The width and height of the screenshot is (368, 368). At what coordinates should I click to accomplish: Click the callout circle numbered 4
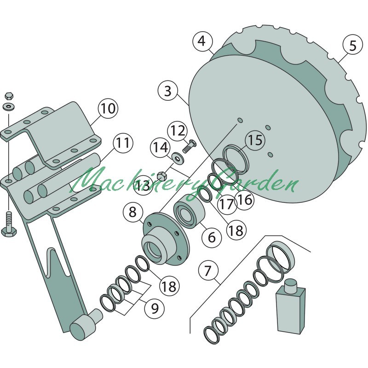point(202,41)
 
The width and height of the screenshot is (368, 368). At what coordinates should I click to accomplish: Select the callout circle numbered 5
point(353,45)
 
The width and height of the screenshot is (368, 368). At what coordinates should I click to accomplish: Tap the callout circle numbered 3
point(168,91)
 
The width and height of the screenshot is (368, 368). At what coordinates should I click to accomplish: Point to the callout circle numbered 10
point(108,108)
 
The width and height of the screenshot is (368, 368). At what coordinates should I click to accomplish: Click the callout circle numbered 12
point(178,131)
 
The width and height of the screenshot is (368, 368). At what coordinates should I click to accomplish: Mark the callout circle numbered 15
point(255,140)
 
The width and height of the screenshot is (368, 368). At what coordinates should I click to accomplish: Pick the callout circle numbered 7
point(208,270)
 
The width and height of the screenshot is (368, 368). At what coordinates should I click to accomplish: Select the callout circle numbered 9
point(155,308)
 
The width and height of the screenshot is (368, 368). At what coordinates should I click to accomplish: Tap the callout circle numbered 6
point(212,237)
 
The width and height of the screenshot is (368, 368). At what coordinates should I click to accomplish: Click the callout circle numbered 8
point(133,212)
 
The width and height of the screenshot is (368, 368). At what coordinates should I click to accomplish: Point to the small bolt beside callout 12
point(189,146)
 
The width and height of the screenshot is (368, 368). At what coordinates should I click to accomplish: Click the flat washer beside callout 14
point(178,157)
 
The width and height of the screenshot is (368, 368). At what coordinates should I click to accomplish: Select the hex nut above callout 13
point(161,176)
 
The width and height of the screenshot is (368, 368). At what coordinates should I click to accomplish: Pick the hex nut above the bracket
point(9,96)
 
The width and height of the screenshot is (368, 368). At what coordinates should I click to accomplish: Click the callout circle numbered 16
point(245,200)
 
